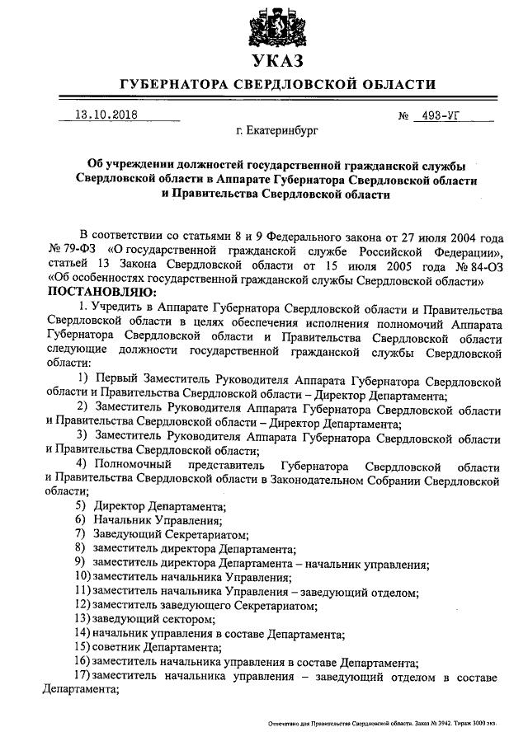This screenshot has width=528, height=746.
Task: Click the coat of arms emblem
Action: tap(276, 25)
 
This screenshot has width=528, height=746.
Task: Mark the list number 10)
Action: tap(82, 577)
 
